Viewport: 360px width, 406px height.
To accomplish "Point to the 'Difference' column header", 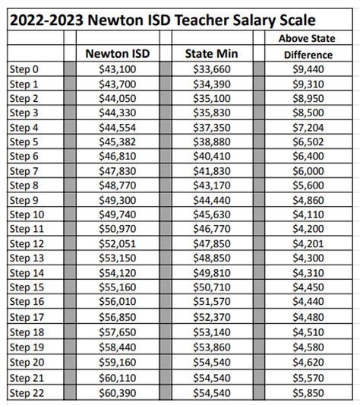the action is coord(308,54).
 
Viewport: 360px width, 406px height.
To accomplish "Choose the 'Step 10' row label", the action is coord(28,214).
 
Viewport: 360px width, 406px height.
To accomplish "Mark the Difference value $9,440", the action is coord(308,69).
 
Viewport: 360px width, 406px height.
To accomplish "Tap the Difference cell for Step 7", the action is coord(308,171).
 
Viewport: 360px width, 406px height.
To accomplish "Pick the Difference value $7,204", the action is coord(308,127).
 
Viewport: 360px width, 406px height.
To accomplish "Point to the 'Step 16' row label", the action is coord(28,303).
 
